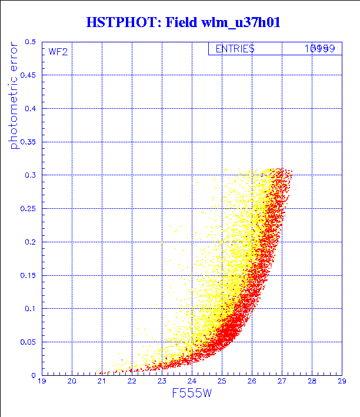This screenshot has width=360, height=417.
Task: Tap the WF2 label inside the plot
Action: (x=58, y=52)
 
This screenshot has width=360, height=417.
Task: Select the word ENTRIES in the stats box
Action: (x=235, y=49)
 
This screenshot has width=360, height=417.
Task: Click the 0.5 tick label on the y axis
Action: (x=30, y=42)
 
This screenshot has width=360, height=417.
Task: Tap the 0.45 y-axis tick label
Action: (x=28, y=75)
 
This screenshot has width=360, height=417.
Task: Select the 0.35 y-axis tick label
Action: (x=28, y=142)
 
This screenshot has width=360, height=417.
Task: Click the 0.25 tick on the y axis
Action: (x=28, y=209)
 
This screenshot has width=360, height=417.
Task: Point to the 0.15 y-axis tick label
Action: (x=28, y=275)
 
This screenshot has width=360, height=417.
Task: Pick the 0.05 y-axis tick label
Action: (x=28, y=342)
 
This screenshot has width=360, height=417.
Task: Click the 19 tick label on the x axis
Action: (x=42, y=382)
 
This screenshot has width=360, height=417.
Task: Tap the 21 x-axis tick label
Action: (x=102, y=382)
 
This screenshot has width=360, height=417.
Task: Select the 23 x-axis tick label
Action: (x=162, y=382)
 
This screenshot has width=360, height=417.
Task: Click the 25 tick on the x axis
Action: (x=222, y=382)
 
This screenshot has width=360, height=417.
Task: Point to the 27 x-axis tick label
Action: (x=282, y=382)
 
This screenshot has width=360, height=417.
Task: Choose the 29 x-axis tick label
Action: (x=342, y=382)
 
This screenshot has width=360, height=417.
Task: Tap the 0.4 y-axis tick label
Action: (x=30, y=109)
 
